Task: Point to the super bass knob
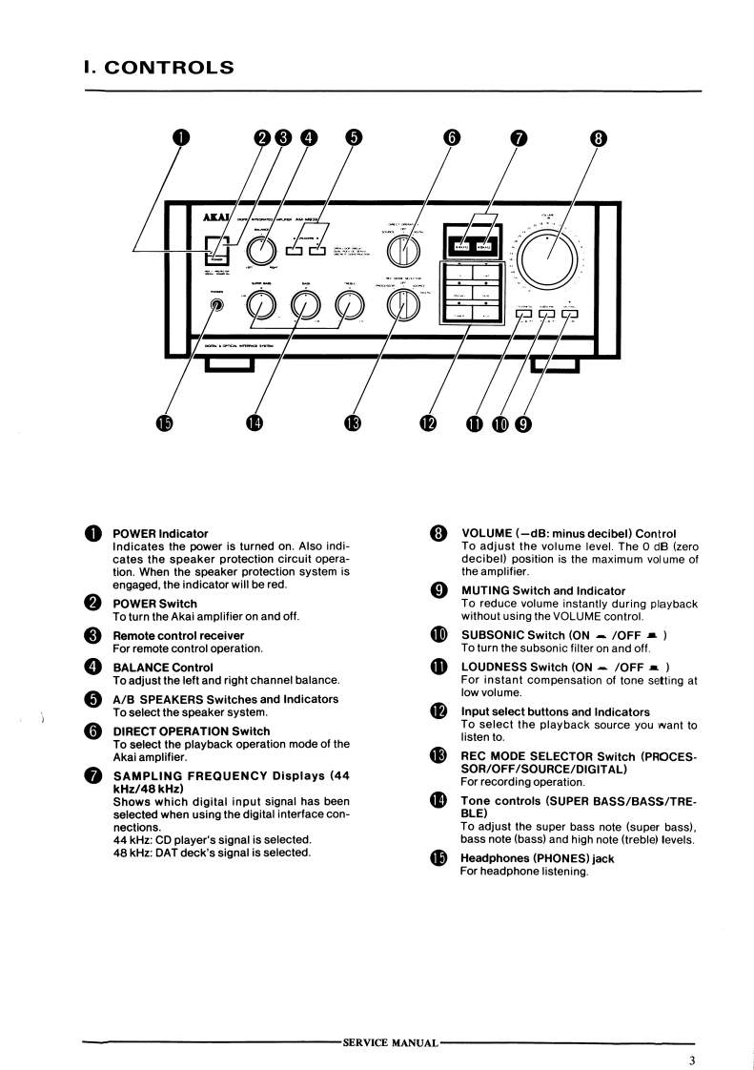click(x=263, y=305)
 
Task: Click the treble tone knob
click(x=351, y=306)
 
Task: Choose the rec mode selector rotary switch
click(x=403, y=304)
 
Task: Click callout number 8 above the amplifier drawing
click(x=598, y=136)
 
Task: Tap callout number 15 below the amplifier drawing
click(x=165, y=423)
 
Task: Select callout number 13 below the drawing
click(x=353, y=423)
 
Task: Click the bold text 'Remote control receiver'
click(x=178, y=635)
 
